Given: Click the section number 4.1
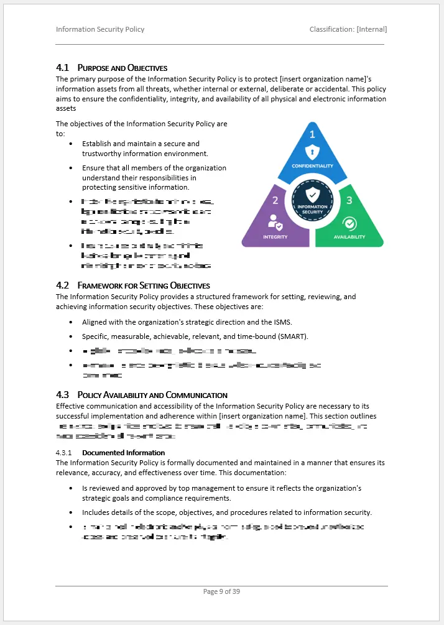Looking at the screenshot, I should [x=62, y=67].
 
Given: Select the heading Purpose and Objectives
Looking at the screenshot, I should [x=123, y=67].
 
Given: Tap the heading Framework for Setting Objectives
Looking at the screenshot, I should [x=144, y=285].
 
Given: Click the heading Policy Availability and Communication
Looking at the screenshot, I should [x=152, y=395].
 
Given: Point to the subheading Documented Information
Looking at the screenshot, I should [x=123, y=453].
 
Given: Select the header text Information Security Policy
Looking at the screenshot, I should [x=100, y=29].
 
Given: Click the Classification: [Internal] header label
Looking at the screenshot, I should [x=348, y=29].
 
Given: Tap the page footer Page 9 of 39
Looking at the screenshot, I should [x=221, y=591].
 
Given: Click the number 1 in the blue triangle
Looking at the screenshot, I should [x=312, y=134].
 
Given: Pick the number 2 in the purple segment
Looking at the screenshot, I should [x=275, y=200].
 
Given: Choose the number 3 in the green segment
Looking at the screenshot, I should [x=349, y=200].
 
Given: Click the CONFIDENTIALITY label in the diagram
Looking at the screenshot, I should [x=312, y=166].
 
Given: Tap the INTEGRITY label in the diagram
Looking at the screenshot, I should [x=275, y=237].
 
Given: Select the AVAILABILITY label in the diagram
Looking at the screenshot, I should [x=349, y=237].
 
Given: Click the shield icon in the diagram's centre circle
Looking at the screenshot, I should [x=312, y=194].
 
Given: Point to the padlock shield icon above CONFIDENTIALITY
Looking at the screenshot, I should [x=312, y=152].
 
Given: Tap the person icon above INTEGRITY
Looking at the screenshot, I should [x=274, y=222].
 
